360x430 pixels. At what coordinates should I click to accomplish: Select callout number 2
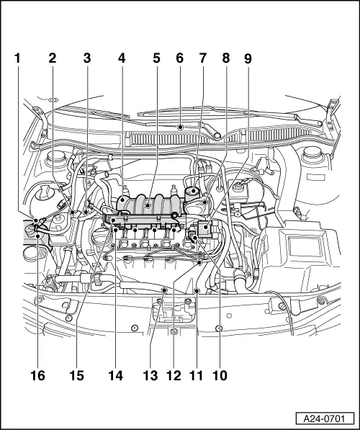pyautogui.click(x=52, y=60)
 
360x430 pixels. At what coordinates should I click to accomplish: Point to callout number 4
pyautogui.click(x=121, y=60)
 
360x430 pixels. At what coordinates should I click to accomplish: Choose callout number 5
pyautogui.click(x=156, y=60)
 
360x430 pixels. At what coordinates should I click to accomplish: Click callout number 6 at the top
pyautogui.click(x=179, y=60)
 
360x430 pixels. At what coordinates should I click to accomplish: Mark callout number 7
pyautogui.click(x=202, y=60)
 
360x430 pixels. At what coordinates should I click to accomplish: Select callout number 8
pyautogui.click(x=225, y=60)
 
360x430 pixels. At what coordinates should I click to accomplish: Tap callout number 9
pyautogui.click(x=248, y=60)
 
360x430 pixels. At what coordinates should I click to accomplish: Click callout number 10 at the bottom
pyautogui.click(x=220, y=375)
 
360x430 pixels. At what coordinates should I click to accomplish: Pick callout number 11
pyautogui.click(x=197, y=375)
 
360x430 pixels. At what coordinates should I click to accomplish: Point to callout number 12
pyautogui.click(x=174, y=375)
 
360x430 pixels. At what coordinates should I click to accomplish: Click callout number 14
pyautogui.click(x=116, y=375)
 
